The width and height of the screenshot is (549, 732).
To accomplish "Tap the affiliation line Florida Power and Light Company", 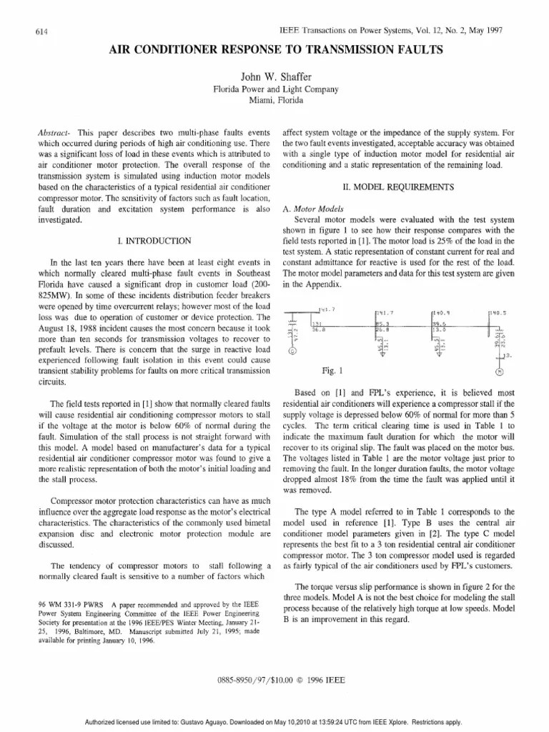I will pos(274,90).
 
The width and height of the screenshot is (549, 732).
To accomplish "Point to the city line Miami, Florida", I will pos(274,102).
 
